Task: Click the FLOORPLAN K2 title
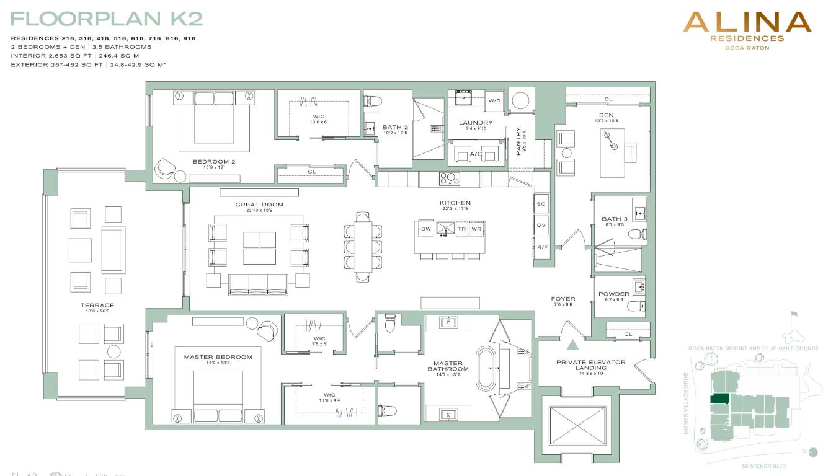click(107, 19)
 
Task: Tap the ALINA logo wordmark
click(747, 24)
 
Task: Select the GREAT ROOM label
click(259, 205)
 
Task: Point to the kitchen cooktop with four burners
click(450, 178)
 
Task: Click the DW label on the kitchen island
click(426, 229)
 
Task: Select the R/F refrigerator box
click(542, 247)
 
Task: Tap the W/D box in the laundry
click(494, 101)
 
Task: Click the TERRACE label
click(97, 305)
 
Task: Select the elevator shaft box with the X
click(577, 428)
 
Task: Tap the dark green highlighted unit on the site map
click(720, 399)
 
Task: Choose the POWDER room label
click(613, 294)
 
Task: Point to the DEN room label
click(606, 115)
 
